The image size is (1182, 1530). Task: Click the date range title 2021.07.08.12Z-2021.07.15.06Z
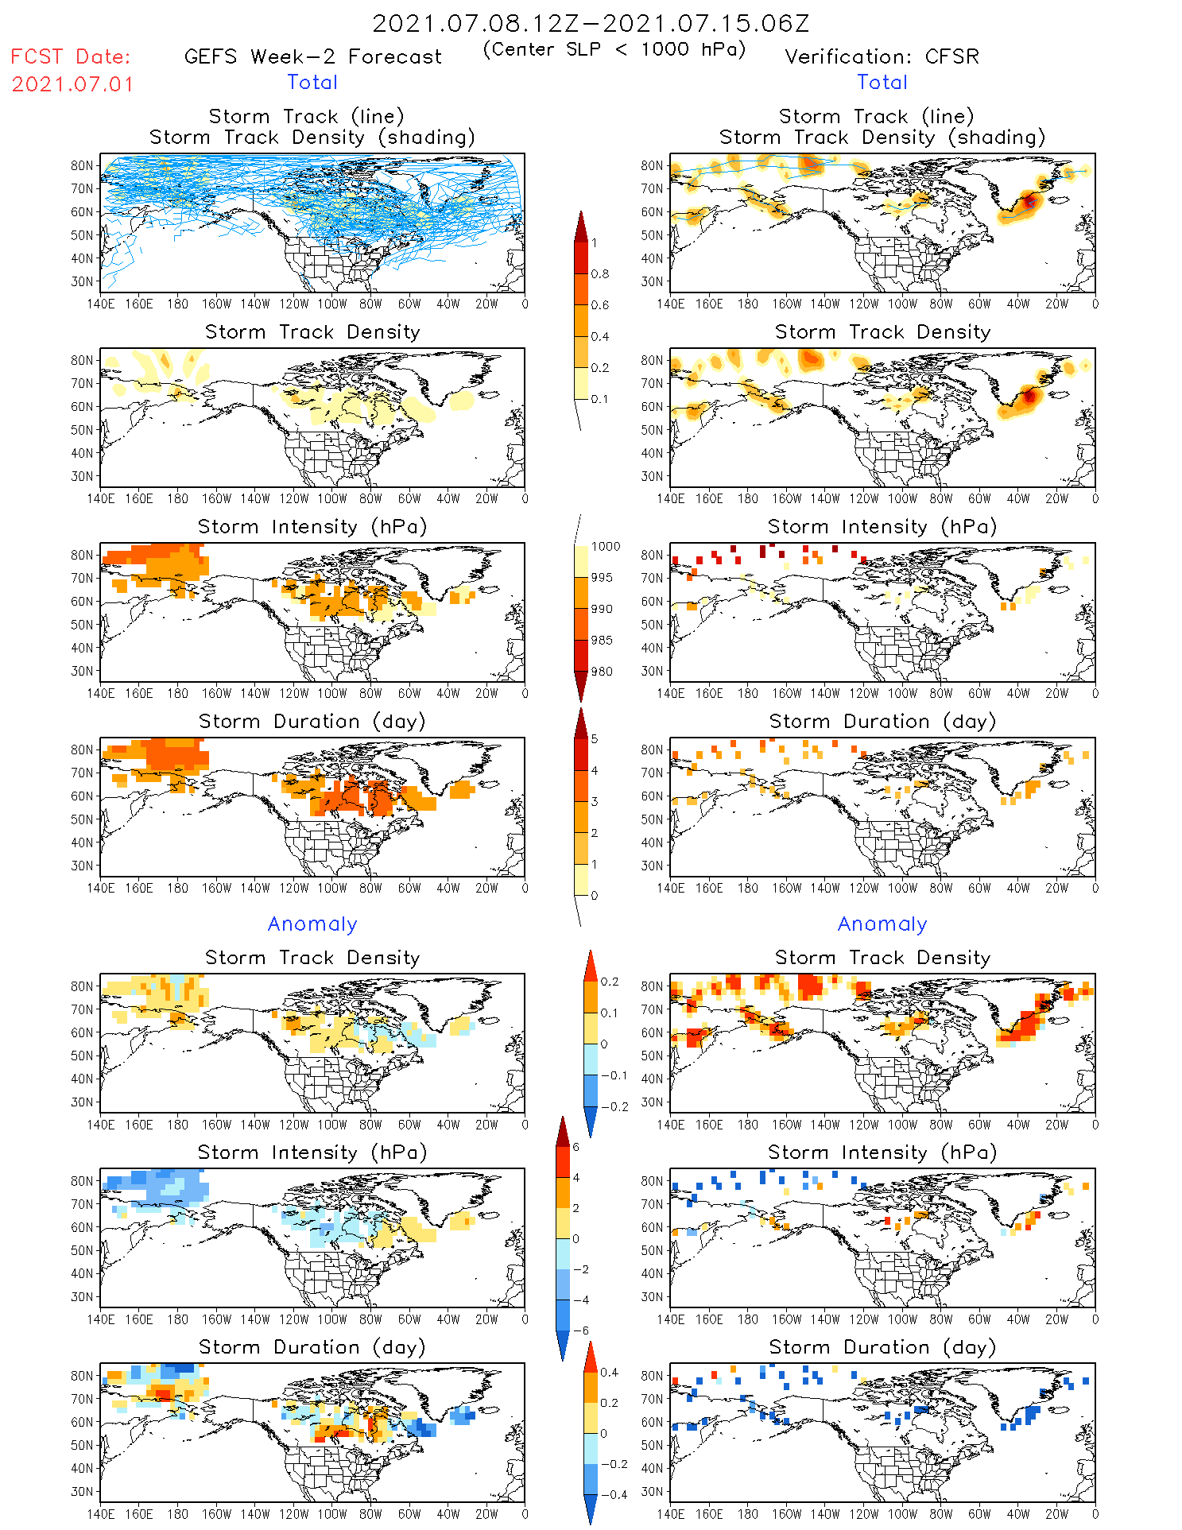coord(591,23)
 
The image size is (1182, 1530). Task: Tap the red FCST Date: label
coord(71,56)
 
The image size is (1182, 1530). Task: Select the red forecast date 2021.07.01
coord(72,84)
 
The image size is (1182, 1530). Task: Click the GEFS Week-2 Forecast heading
coord(312,56)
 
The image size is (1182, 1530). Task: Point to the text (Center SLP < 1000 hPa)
coord(614,49)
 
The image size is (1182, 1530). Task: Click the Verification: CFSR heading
coord(882,56)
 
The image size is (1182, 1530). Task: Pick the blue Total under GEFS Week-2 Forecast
coord(312,82)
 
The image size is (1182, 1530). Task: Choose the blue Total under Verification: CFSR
coord(882,82)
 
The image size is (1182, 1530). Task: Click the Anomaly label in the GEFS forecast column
coord(312,924)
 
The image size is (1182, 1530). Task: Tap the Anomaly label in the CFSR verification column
coord(882,924)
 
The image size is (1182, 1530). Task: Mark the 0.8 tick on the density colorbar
coord(600,274)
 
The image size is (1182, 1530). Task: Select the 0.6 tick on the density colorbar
coord(600,305)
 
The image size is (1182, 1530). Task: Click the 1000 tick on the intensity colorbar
coord(606,547)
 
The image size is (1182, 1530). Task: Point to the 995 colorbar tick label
coord(603,578)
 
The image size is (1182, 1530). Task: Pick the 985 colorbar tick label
coord(603,641)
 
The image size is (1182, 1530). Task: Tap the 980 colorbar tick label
coord(603,672)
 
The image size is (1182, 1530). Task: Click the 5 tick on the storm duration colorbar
coord(595,739)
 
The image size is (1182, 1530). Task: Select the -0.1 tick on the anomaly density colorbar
coord(613,1075)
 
